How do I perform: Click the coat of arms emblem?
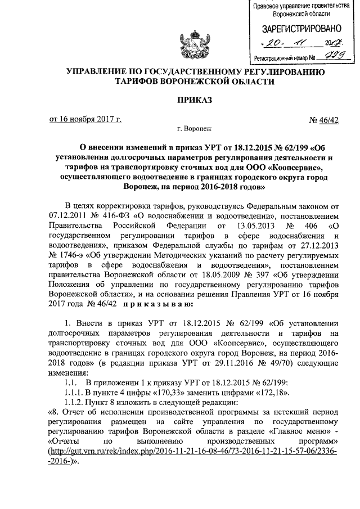193,45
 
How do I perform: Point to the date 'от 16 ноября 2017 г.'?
85,119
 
